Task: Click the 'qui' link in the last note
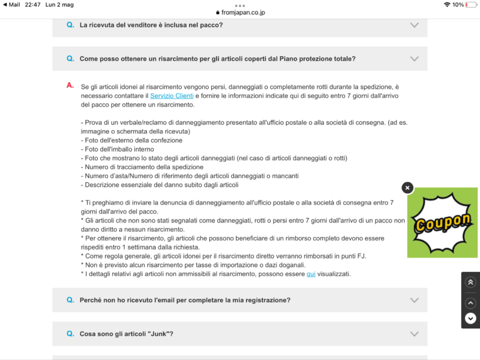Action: click(311, 274)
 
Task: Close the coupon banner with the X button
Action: click(407, 188)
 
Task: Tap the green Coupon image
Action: click(442, 223)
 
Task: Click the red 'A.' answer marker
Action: click(70, 86)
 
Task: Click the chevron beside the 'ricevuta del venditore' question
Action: click(414, 25)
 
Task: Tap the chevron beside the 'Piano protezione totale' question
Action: click(414, 59)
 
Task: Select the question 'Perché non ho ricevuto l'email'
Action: click(185, 300)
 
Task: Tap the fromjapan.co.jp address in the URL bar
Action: click(244, 12)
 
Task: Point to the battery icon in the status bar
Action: click(471, 4)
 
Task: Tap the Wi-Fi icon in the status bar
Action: click(446, 4)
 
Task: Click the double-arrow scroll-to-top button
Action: click(470, 282)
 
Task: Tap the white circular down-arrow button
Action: click(470, 318)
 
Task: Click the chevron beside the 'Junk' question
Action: click(414, 334)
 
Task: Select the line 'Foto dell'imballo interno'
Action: click(118, 149)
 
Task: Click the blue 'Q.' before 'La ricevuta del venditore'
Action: click(70, 25)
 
